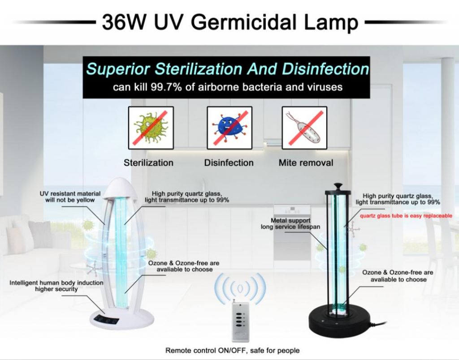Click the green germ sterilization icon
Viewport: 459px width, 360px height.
pyautogui.click(x=151, y=128)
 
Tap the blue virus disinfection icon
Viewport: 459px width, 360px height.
pyautogui.click(x=229, y=128)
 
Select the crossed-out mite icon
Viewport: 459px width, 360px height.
pyautogui.click(x=304, y=128)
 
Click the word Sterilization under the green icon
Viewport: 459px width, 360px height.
pyautogui.click(x=148, y=163)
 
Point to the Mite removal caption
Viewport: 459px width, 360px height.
pyautogui.click(x=306, y=163)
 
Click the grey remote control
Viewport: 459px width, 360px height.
pyautogui.click(x=240, y=321)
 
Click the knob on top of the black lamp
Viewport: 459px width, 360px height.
pyautogui.click(x=338, y=186)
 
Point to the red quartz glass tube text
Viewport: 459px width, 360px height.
pyautogui.click(x=406, y=216)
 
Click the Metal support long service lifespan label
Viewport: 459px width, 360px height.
pyautogui.click(x=290, y=224)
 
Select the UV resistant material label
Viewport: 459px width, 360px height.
pyautogui.click(x=70, y=197)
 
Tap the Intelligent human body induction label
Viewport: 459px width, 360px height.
pyautogui.click(x=56, y=286)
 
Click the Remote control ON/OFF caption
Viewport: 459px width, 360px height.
pyautogui.click(x=233, y=350)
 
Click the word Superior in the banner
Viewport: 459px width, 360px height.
pyautogui.click(x=118, y=69)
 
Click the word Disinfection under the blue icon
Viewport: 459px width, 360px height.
pyautogui.click(x=229, y=163)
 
